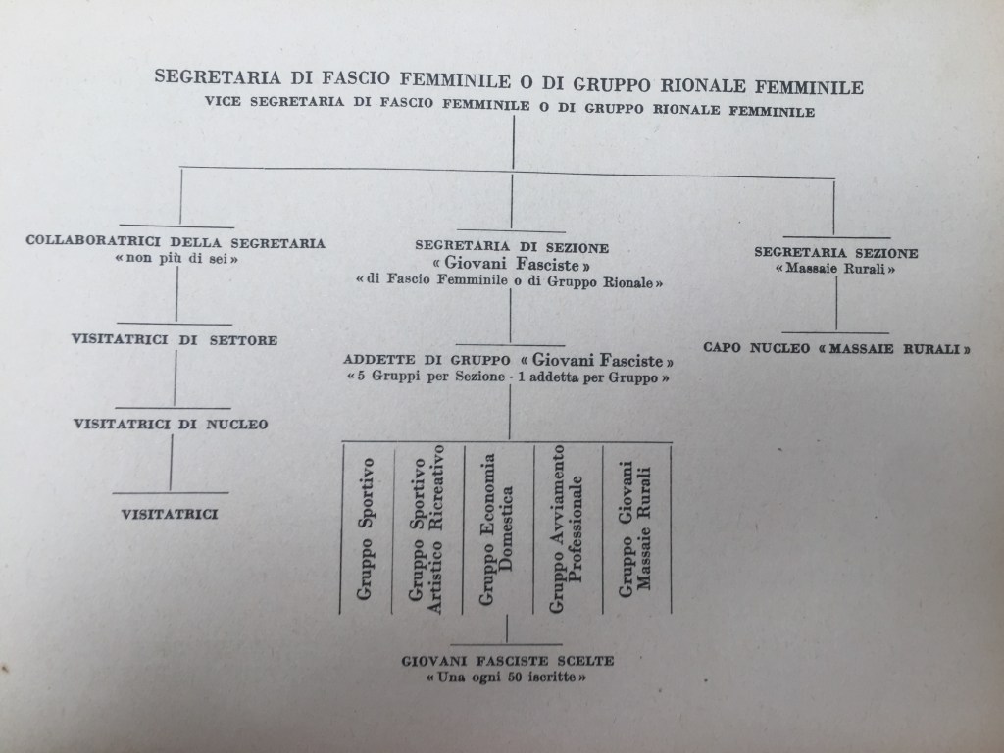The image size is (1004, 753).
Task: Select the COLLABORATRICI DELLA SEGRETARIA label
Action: (176, 241)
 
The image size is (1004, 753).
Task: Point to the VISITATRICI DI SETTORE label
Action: (175, 340)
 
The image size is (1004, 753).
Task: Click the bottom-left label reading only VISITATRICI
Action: (170, 512)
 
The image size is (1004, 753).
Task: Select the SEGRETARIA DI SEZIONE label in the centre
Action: (512, 246)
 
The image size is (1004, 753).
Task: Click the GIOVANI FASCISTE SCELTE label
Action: (507, 661)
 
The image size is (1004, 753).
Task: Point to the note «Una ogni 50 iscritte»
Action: (507, 678)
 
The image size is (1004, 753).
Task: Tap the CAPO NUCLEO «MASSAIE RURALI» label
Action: (837, 348)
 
